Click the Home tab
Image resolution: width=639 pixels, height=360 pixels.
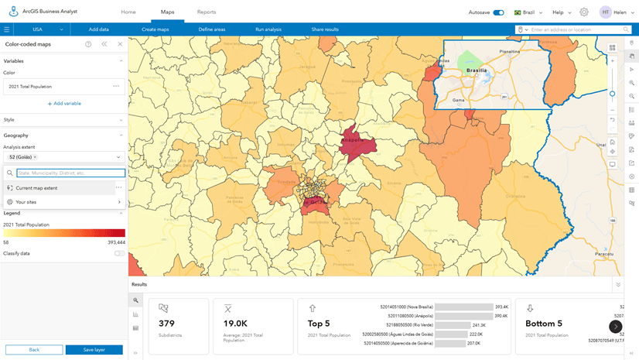click(x=128, y=12)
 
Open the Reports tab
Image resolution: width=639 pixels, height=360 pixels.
click(x=207, y=12)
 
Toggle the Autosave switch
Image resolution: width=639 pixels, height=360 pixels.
click(x=498, y=12)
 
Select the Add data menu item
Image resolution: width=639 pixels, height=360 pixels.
click(x=99, y=29)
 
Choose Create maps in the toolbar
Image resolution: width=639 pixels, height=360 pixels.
click(x=155, y=29)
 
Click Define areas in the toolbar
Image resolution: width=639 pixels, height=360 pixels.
click(x=211, y=29)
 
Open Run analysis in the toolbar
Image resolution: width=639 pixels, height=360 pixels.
click(x=268, y=29)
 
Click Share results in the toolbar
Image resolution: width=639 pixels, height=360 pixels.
click(x=325, y=29)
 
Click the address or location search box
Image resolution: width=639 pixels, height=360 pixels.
click(x=572, y=29)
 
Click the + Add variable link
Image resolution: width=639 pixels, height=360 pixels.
click(x=64, y=103)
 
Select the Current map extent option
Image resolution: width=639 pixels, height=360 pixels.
click(x=36, y=188)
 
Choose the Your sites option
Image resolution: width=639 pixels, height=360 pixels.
click(x=26, y=202)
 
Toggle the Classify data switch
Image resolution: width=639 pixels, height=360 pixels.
click(x=119, y=253)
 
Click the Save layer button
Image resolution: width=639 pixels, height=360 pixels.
click(x=94, y=350)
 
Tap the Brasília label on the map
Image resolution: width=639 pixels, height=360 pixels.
click(x=477, y=70)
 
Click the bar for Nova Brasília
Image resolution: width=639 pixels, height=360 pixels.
click(x=463, y=307)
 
